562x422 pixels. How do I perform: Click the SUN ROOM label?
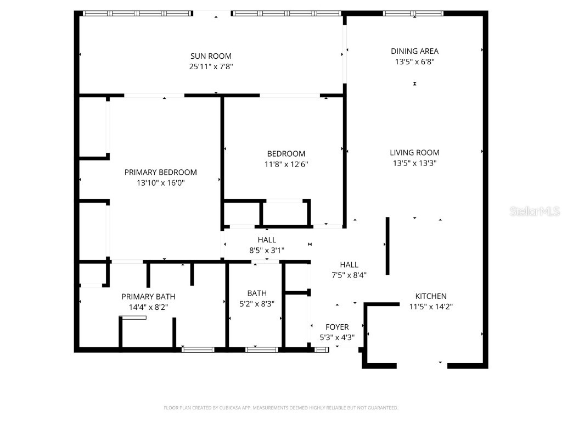(211, 55)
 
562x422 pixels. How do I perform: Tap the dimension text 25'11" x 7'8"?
(211, 66)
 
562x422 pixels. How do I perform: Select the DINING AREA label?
(414, 51)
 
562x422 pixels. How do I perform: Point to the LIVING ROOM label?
(414, 152)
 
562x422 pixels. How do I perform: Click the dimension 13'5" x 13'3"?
(414, 163)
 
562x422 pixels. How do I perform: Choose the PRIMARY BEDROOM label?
(160, 172)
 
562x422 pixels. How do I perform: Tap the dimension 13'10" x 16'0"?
(160, 183)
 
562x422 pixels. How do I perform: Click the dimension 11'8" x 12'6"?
(286, 164)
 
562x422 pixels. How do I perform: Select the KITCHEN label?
(431, 296)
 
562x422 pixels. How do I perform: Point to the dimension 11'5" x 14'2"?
(431, 307)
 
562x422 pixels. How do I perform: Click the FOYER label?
(337, 327)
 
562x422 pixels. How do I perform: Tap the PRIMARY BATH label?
(148, 296)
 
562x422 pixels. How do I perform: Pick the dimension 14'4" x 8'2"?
(148, 307)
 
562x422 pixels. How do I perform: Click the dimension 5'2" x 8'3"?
(256, 304)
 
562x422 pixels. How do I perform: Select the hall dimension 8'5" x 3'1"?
(267, 251)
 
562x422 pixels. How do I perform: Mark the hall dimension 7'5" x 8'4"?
(349, 275)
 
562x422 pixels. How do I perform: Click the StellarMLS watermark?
(534, 211)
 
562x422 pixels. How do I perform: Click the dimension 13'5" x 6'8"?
(414, 62)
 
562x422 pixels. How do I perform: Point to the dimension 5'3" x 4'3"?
(337, 338)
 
